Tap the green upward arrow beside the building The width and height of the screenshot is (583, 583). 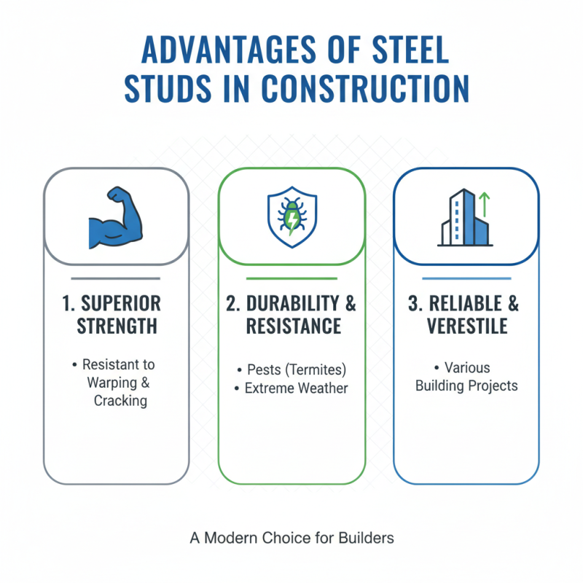point(483,205)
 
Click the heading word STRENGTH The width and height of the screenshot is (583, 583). point(117,326)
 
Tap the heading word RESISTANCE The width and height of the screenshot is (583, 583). point(291,326)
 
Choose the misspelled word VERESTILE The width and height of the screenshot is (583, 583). point(466,326)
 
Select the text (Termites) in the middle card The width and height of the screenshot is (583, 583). point(315,369)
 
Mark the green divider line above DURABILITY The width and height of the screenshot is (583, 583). point(291,278)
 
